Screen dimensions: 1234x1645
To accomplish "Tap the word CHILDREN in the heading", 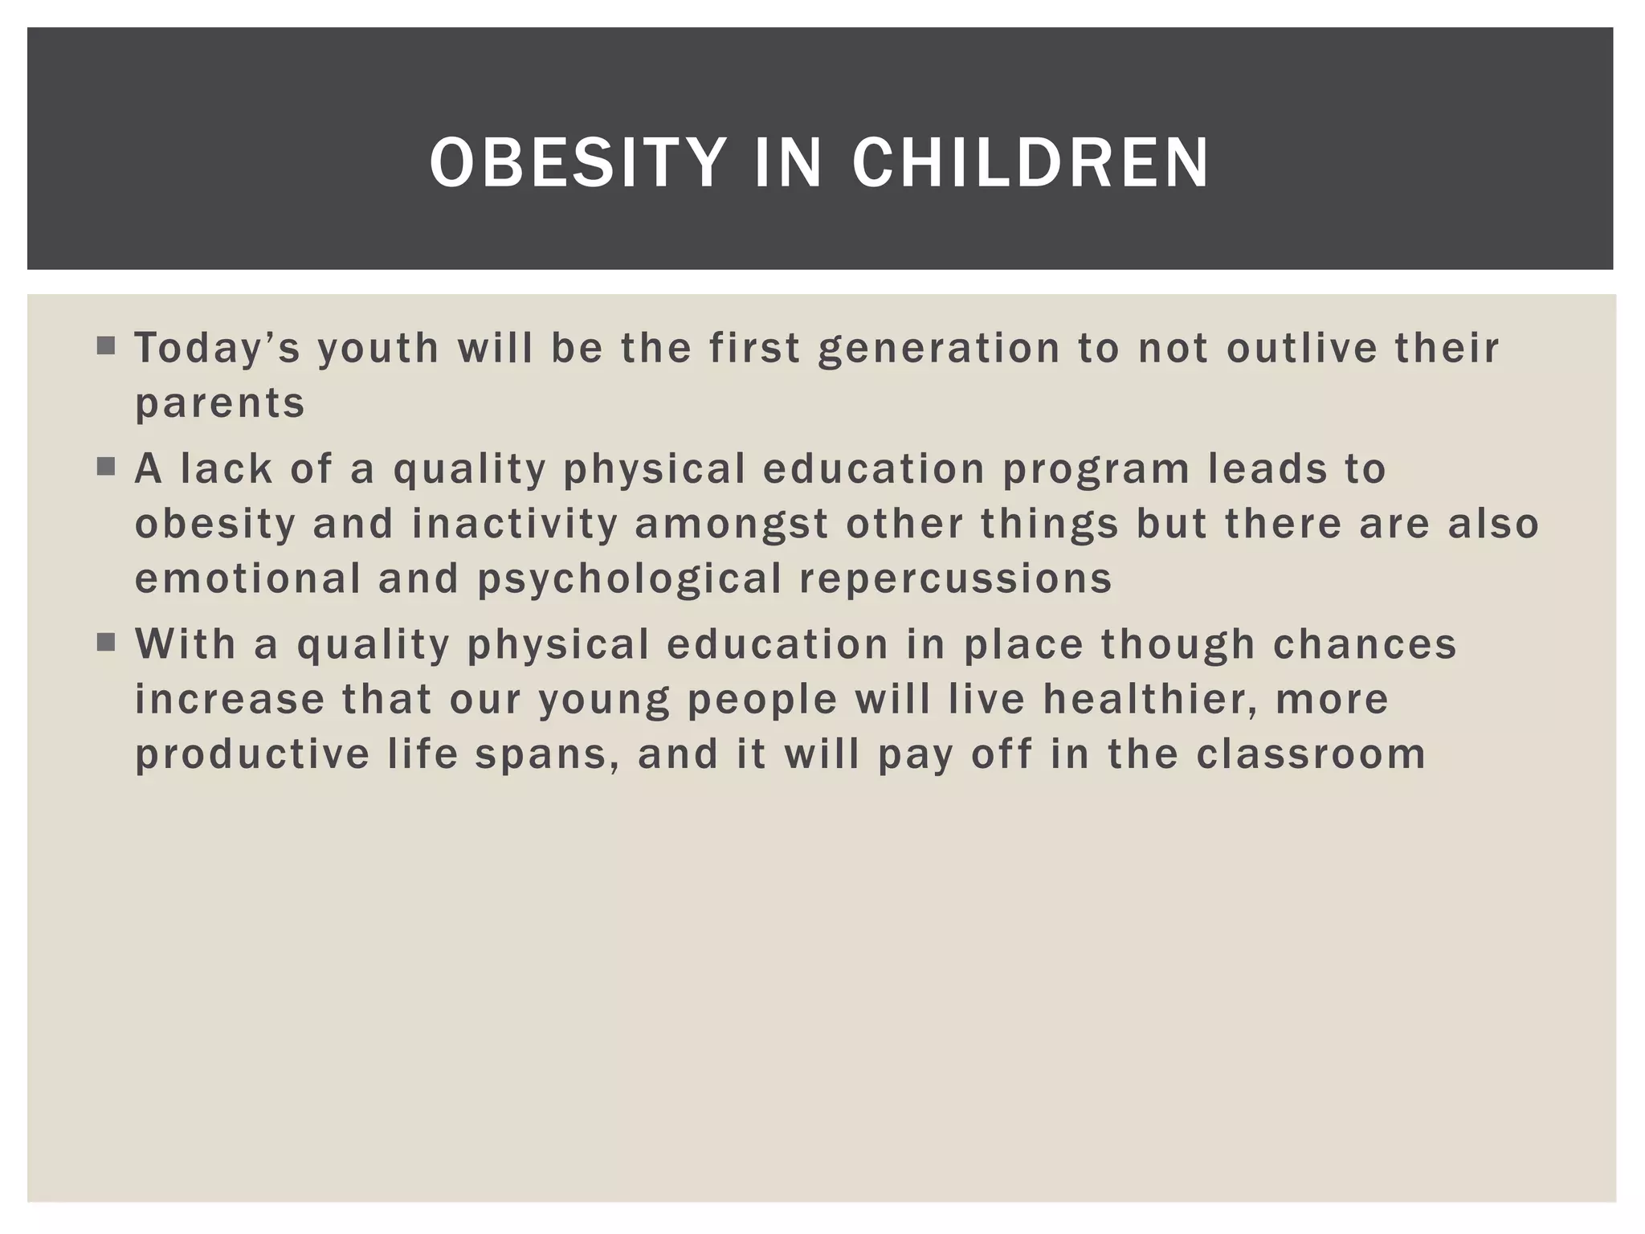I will [x=1031, y=163].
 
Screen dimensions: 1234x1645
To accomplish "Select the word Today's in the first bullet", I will [x=218, y=349].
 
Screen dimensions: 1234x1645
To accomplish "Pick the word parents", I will [x=220, y=403].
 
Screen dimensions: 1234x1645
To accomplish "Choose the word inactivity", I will [x=515, y=524].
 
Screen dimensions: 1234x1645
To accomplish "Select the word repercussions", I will [x=956, y=579].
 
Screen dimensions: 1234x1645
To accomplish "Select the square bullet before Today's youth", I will [x=106, y=346].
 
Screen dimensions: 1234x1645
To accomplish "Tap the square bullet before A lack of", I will [x=106, y=467].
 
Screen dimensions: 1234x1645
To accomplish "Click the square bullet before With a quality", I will [x=106, y=643].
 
